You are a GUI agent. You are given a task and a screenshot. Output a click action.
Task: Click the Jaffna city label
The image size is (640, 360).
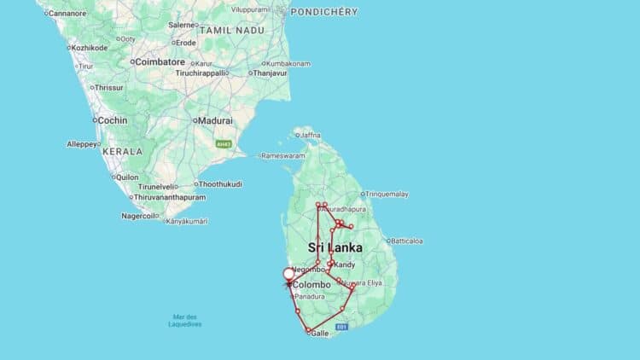point(310,135)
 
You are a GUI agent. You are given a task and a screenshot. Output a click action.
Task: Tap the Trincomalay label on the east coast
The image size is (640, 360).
point(387,195)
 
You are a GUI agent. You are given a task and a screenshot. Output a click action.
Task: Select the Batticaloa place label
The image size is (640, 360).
point(407,241)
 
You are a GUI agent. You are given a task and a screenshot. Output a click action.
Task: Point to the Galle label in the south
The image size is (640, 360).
point(319,334)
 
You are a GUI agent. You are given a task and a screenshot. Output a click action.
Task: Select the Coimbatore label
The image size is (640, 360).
point(160,61)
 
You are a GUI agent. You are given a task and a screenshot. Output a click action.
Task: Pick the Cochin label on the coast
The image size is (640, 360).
point(113,120)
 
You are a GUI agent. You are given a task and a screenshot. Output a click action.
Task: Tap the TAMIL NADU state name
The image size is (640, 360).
point(229,29)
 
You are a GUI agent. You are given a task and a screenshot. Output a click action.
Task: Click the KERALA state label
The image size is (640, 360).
point(122,150)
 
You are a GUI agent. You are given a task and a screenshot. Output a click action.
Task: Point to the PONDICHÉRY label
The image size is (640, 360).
point(323,12)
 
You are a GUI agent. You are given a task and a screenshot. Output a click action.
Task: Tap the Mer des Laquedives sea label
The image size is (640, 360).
point(185,321)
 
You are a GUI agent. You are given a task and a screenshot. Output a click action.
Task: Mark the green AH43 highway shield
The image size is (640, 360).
point(224,143)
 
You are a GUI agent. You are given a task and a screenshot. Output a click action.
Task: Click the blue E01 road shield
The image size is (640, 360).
point(342,327)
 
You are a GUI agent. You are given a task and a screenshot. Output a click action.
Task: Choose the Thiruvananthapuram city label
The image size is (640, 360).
point(170,197)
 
